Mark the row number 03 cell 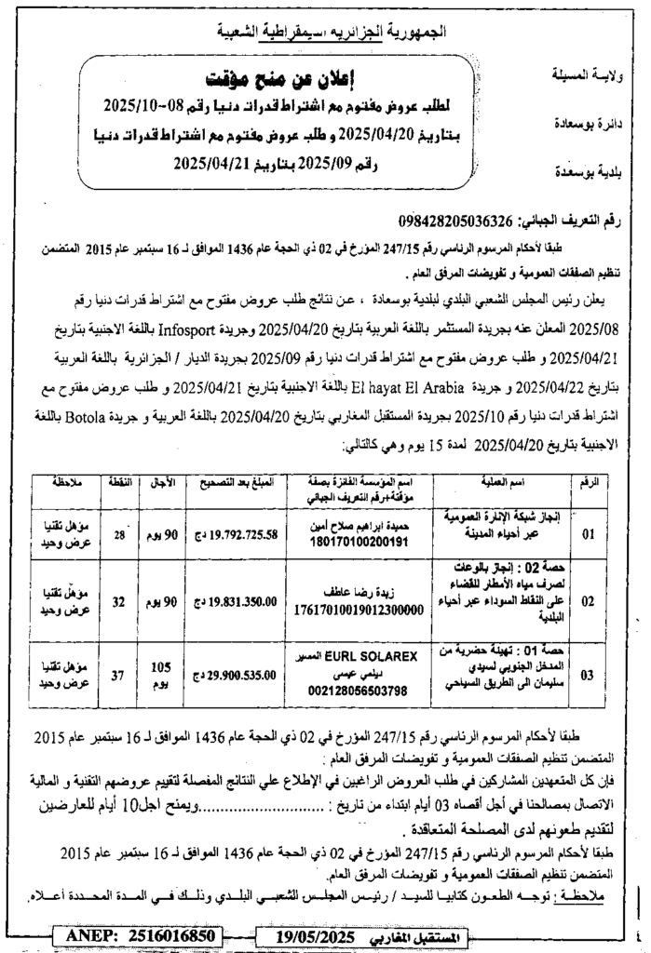[x=587, y=677]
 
